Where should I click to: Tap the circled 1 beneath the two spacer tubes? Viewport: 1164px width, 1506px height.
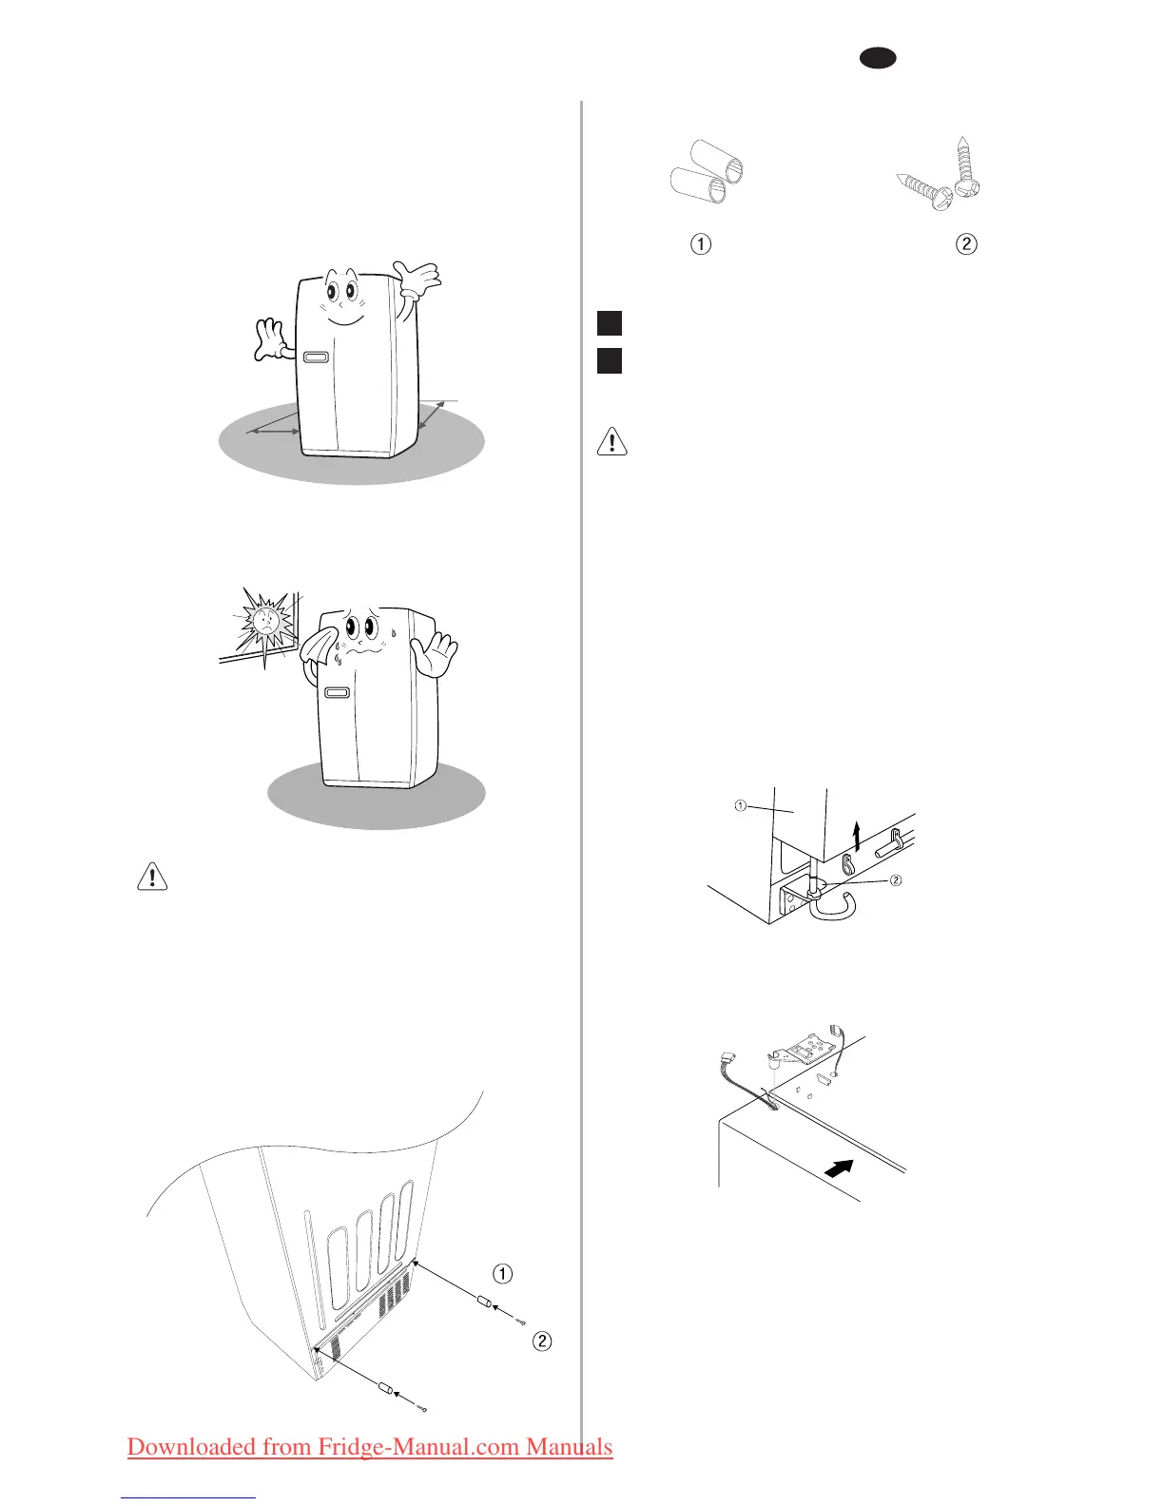click(701, 244)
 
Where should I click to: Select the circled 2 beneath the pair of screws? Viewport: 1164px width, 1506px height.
click(965, 244)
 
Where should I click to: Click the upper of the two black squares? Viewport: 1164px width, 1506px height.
click(610, 322)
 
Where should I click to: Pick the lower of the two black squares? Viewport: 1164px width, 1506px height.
click(610, 360)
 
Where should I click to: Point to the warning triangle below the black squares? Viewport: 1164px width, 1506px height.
click(611, 442)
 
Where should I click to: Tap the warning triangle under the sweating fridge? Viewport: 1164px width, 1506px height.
click(152, 876)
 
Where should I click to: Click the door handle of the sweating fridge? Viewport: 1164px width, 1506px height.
click(337, 693)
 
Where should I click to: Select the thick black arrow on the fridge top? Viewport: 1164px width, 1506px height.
click(837, 1170)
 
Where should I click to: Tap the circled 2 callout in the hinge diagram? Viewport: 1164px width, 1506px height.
click(896, 880)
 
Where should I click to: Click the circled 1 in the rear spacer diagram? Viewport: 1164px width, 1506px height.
click(502, 1273)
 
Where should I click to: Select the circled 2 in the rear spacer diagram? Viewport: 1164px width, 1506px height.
click(541, 1342)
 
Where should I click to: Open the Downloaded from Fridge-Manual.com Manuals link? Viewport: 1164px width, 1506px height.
click(370, 1447)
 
